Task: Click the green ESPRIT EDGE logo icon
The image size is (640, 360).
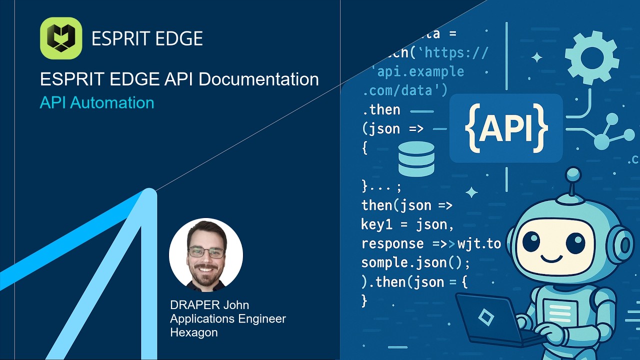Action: click(x=61, y=38)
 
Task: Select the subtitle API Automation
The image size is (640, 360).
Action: click(x=96, y=102)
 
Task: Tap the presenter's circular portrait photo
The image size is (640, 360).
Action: click(x=206, y=254)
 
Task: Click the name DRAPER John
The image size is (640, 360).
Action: click(x=209, y=304)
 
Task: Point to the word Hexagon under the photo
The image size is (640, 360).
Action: click(x=193, y=332)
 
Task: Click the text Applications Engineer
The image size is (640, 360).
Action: click(x=228, y=318)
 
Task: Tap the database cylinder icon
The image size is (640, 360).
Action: click(x=416, y=159)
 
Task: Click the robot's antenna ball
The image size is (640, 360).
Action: click(x=572, y=174)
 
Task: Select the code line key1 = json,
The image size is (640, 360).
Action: click(x=407, y=224)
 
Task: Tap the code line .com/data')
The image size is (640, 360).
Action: click(x=405, y=90)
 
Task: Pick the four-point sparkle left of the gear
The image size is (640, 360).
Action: click(x=536, y=57)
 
